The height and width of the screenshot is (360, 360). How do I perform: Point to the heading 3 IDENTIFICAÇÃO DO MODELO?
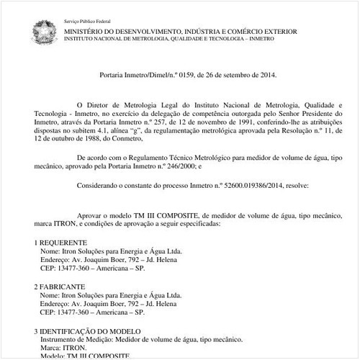click(x=90, y=330)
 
